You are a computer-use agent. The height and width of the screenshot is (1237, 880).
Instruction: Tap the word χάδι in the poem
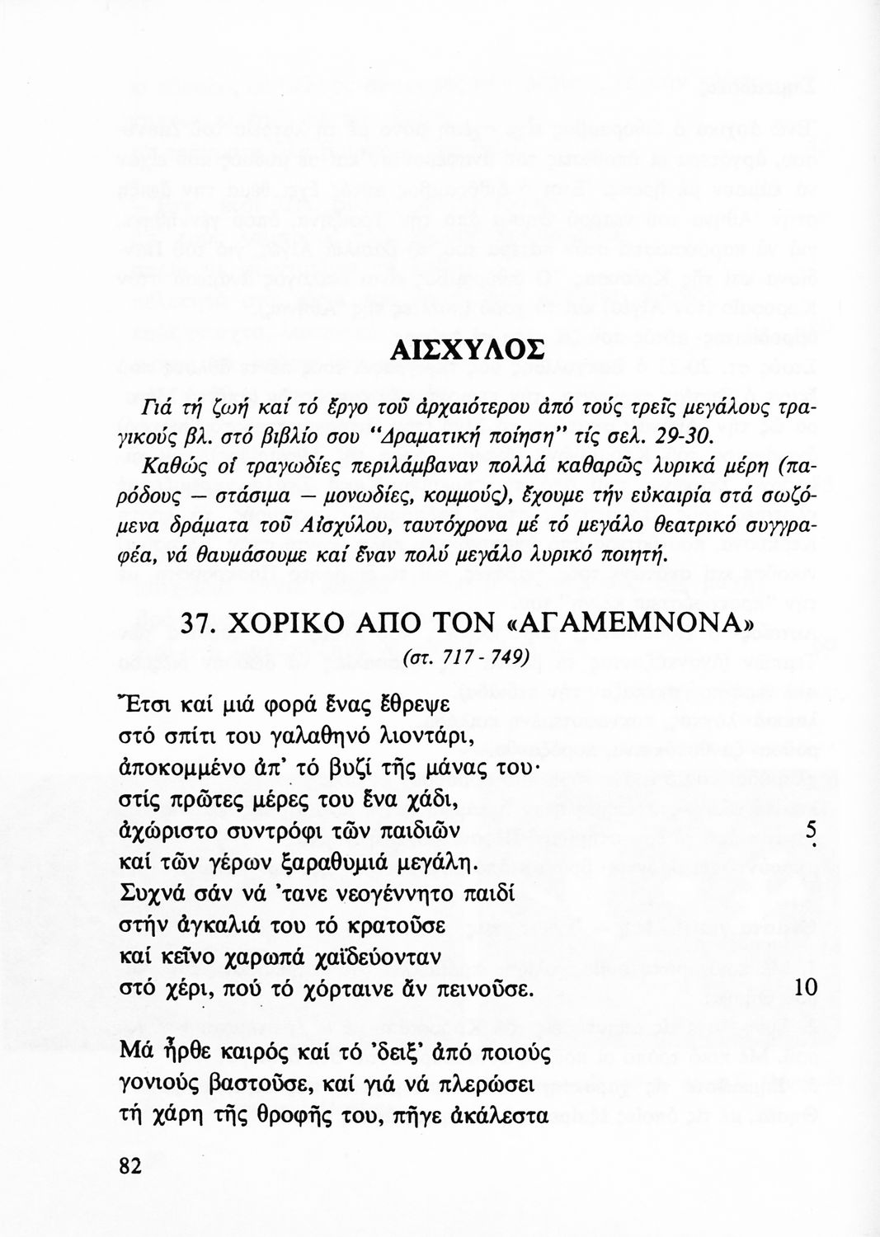(x=425, y=803)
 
